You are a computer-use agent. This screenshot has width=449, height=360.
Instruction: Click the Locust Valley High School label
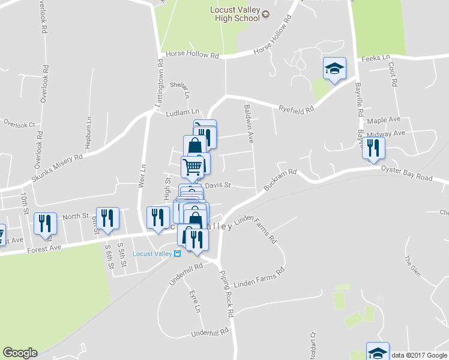coord(234,14)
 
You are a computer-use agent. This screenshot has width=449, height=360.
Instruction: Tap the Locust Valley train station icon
coord(178,254)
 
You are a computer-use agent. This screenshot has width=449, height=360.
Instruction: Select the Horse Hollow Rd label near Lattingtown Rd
coord(192,55)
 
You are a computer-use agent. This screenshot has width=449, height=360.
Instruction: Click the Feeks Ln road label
coord(376,58)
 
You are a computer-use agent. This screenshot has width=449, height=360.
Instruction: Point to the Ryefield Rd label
coord(297,109)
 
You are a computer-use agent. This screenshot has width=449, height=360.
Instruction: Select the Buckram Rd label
coord(280,178)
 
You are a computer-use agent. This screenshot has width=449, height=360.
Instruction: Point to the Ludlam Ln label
coord(182,112)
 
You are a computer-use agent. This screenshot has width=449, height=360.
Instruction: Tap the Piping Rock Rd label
coord(226,294)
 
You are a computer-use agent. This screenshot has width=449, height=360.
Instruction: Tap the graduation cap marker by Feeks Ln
coord(334,69)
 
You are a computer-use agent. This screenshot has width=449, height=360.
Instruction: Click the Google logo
coord(20,353)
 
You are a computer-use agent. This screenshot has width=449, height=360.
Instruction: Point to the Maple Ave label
coord(384,120)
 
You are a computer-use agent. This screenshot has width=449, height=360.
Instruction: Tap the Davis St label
coord(218,185)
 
